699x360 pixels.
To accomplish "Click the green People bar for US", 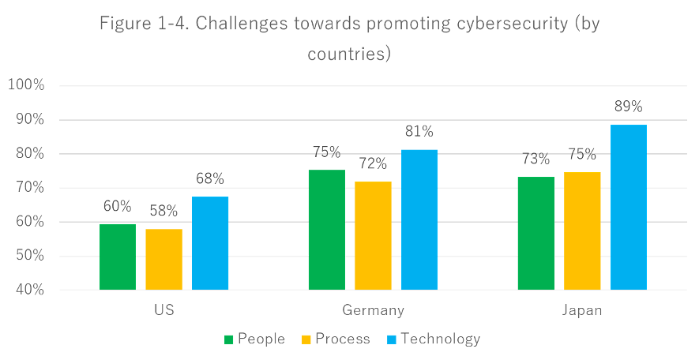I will pos(118,257).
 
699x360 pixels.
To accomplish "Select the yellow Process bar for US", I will pos(163,259).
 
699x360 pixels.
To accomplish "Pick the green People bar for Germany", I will pos(326,230).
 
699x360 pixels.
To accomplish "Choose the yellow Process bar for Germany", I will pos(373,235).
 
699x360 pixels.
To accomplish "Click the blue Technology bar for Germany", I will pos(419,219).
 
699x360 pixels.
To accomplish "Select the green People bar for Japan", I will pos(536,233).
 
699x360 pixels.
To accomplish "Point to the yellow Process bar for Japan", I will pos(582,231).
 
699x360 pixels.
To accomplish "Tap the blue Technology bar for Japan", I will pos(629,207).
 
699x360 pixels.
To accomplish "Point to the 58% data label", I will pos(163,211).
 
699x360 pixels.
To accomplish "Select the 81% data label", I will pos(419,131).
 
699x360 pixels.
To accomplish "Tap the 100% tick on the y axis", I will pos(27,85).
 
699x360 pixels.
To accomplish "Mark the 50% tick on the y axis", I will pos(30,256).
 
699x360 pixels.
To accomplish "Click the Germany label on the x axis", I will pos(373,310).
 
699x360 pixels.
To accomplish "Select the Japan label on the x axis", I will pos(582,310).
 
